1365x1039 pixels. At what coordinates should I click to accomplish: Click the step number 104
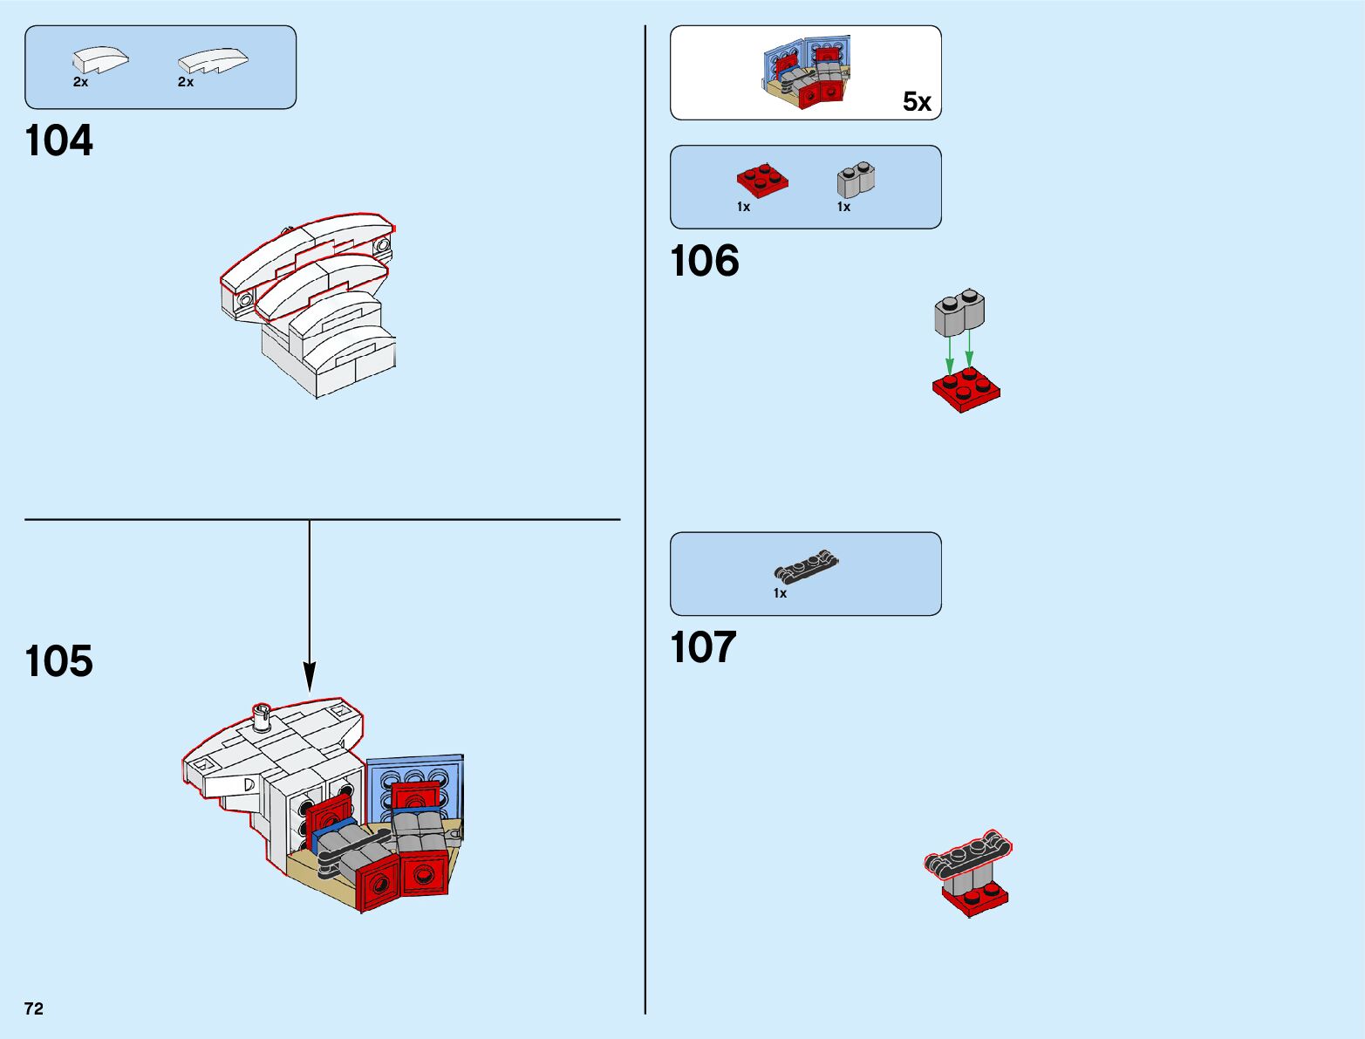pyautogui.click(x=59, y=141)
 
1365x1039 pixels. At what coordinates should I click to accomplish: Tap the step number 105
pyautogui.click(x=59, y=661)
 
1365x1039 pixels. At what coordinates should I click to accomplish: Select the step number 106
pyautogui.click(x=705, y=261)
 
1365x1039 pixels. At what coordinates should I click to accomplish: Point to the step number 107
pyautogui.click(x=704, y=647)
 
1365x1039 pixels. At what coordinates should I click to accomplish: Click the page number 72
pyautogui.click(x=34, y=1008)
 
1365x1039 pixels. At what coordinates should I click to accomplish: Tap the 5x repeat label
pyautogui.click(x=917, y=102)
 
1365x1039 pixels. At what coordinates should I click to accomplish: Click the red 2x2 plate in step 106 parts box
pyautogui.click(x=761, y=180)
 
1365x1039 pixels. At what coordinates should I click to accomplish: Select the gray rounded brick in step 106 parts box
pyautogui.click(x=856, y=180)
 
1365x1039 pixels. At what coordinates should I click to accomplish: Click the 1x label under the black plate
pyautogui.click(x=780, y=593)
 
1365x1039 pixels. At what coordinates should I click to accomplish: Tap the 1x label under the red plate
pyautogui.click(x=743, y=207)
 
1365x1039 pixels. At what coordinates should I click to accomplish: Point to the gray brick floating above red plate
pyautogui.click(x=959, y=312)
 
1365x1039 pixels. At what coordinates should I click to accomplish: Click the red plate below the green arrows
pyautogui.click(x=966, y=390)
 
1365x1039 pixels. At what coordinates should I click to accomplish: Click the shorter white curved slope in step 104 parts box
pyautogui.click(x=99, y=60)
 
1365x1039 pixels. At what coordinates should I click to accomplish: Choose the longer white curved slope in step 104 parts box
pyautogui.click(x=213, y=60)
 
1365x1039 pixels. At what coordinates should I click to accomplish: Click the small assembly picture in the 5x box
pyautogui.click(x=806, y=73)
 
